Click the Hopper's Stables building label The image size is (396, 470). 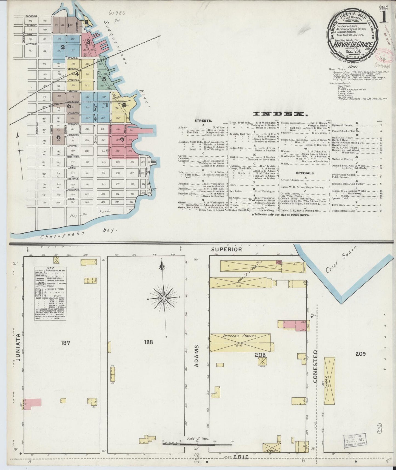(x=243, y=336)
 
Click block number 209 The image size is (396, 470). (x=361, y=354)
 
